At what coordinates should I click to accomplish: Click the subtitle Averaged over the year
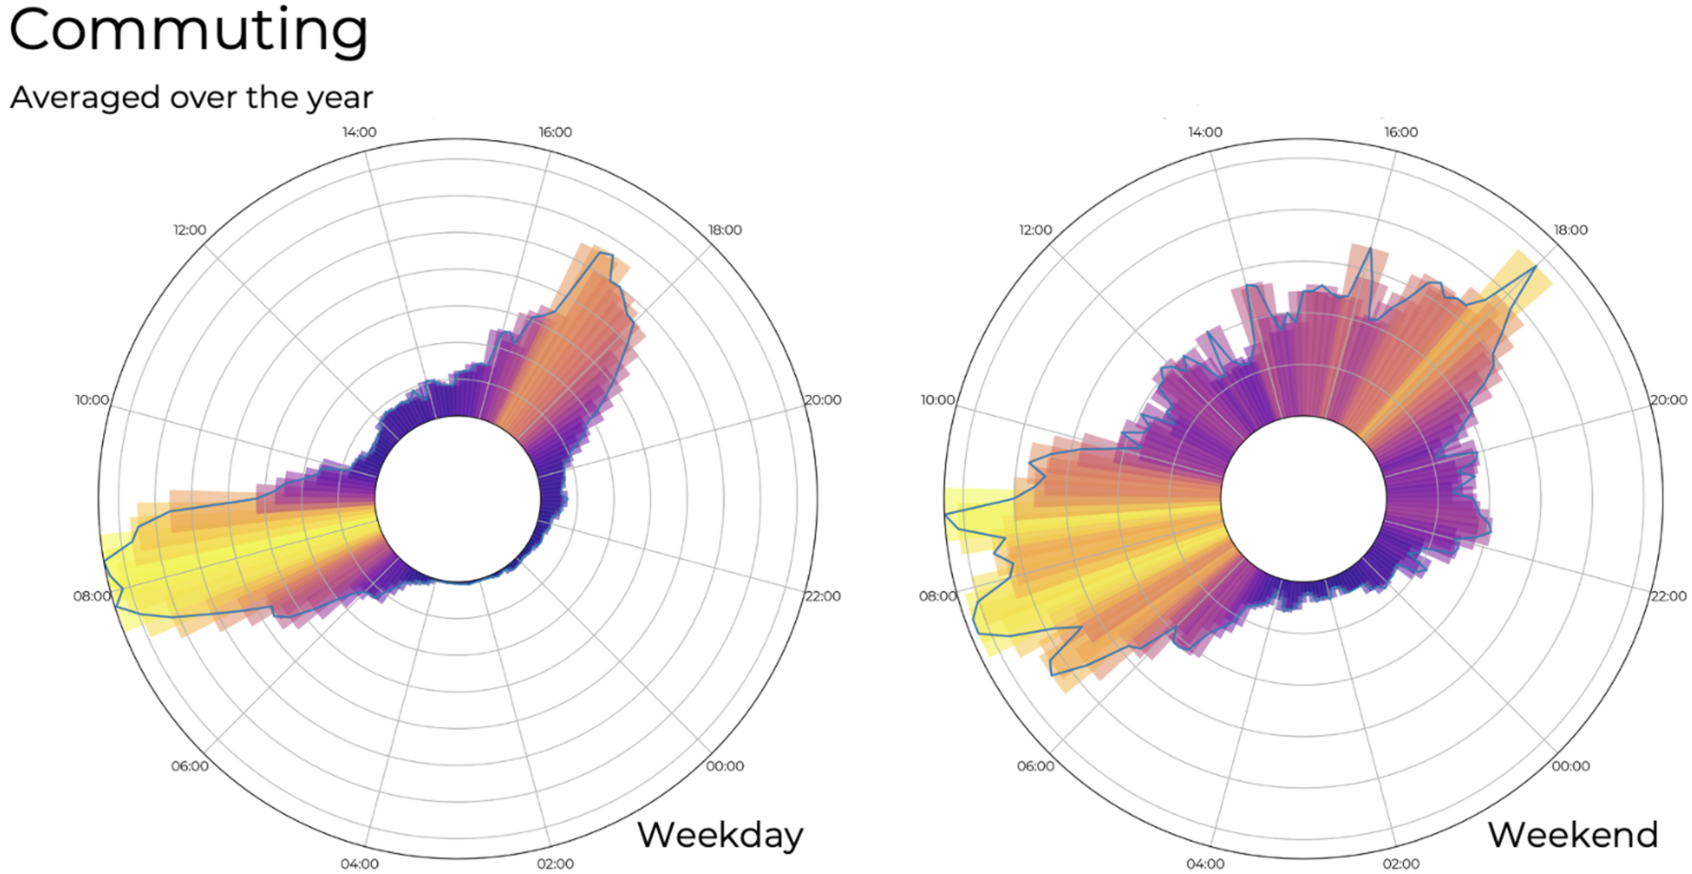pos(191,97)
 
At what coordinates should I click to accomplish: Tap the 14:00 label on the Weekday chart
pos(359,132)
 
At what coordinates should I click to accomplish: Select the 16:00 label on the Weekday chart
pos(555,132)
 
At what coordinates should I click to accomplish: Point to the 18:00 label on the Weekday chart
pos(724,230)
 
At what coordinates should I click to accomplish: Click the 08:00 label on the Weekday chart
pos(91,596)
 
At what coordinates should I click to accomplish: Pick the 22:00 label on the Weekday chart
pos(823,596)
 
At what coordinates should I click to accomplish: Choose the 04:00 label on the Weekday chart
pos(359,864)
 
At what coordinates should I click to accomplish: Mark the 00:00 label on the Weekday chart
pos(724,766)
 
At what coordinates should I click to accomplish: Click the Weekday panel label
pos(720,835)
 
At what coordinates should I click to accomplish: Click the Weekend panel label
pos(1573,835)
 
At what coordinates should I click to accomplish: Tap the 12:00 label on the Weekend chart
pos(1035,230)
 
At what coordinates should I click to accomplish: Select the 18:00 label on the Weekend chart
pos(1570,230)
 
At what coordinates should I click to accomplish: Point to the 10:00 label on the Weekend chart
pos(937,399)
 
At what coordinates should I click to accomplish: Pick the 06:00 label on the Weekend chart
pos(1035,766)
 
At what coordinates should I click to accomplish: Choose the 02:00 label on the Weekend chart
pos(1400,864)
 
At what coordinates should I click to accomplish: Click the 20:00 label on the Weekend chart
pos(1668,399)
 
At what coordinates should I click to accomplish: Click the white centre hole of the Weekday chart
pos(458,499)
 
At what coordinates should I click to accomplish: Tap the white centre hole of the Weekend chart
pos(1304,499)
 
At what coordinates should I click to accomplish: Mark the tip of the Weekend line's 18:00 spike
pos(1536,267)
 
